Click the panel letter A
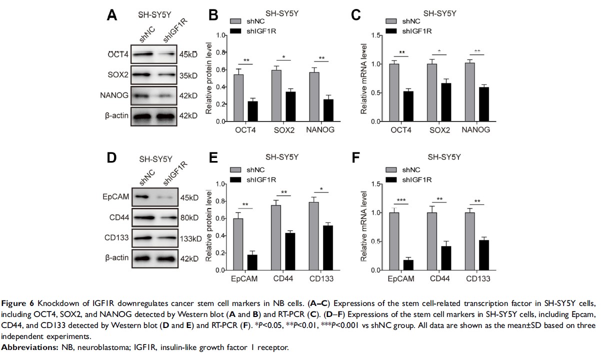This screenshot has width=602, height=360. click(x=113, y=15)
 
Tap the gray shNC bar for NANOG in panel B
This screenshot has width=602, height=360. click(x=314, y=97)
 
